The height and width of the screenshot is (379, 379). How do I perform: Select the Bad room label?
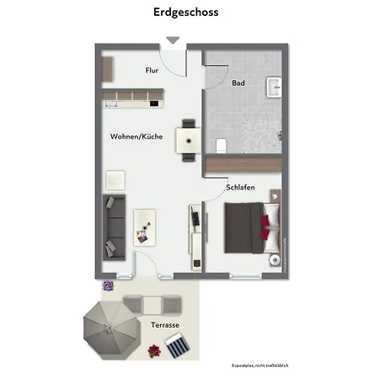pyautogui.click(x=238, y=83)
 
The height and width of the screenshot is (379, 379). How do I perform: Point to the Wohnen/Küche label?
pyautogui.click(x=136, y=136)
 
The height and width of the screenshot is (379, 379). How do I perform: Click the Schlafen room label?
pyautogui.click(x=241, y=189)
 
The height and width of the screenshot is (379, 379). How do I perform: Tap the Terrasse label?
pyautogui.click(x=165, y=324)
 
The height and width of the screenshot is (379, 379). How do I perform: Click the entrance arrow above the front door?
pyautogui.click(x=173, y=40)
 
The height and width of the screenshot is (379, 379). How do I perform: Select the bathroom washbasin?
pyautogui.click(x=274, y=87)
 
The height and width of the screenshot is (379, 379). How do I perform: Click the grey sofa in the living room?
pyautogui.click(x=113, y=226)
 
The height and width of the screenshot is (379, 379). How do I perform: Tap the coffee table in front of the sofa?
pyautogui.click(x=146, y=226)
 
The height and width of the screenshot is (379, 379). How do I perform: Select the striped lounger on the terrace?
pyautogui.click(x=178, y=344)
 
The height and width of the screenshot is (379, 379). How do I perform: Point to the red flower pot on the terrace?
pyautogui.click(x=153, y=350)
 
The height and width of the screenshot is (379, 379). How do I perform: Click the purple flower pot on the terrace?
pyautogui.click(x=108, y=286)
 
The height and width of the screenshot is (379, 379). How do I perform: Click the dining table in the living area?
pyautogui.click(x=187, y=137)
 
